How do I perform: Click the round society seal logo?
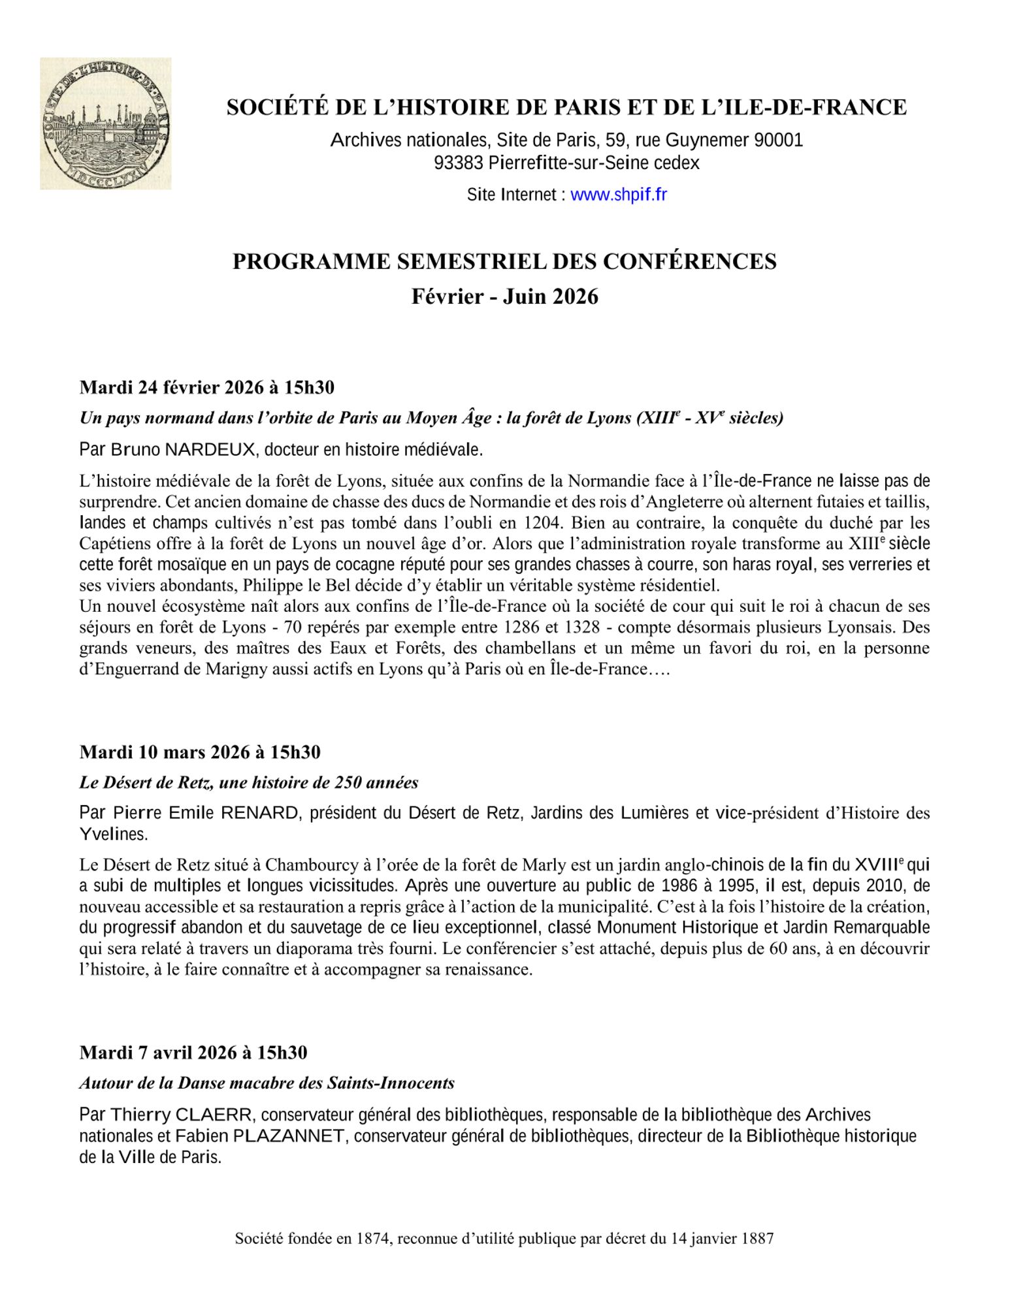tap(106, 123)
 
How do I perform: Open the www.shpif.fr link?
tap(618, 195)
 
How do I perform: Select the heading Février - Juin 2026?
tap(504, 296)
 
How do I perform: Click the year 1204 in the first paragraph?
tap(542, 523)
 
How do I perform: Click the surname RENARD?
tap(259, 813)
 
